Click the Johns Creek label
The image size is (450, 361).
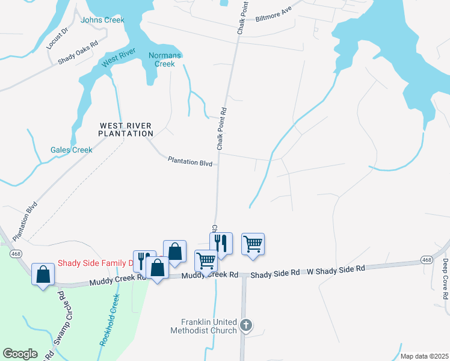click(x=102, y=20)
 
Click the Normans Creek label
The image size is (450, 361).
click(x=161, y=60)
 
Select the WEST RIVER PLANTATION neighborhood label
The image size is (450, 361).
click(x=126, y=129)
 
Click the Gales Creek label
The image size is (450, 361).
click(x=71, y=150)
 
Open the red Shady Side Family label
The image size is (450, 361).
click(x=94, y=263)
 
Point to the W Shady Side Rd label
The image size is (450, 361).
click(x=336, y=269)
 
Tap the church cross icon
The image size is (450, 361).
click(x=245, y=326)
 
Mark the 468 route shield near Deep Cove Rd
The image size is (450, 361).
click(x=426, y=260)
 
